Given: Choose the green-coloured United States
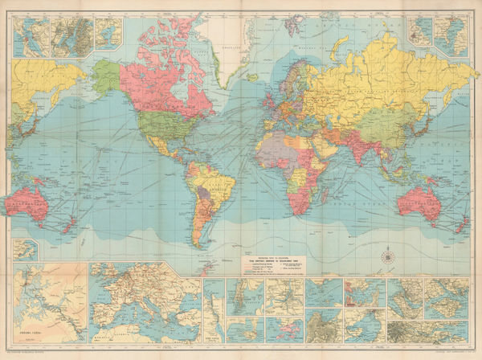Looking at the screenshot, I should [161, 121].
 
